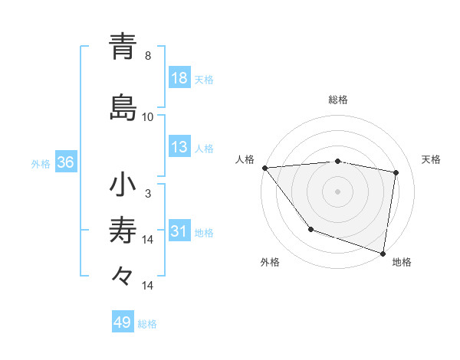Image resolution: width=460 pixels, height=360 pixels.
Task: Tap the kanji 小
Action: [x=123, y=185]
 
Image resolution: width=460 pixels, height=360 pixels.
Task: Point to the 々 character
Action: [x=123, y=275]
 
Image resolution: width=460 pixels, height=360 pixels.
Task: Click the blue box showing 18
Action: [x=179, y=79]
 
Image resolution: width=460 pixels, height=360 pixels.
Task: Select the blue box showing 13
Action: [x=179, y=148]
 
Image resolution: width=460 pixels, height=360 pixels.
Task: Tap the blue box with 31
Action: [x=179, y=232]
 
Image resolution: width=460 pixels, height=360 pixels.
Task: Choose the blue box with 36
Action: [x=65, y=163]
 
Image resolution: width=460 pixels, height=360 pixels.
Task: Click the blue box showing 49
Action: [x=123, y=322]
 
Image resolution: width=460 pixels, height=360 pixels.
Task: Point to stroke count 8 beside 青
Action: [x=148, y=56]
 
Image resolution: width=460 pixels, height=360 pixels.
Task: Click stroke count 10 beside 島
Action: [x=148, y=117]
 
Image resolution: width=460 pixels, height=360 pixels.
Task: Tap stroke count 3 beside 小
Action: [x=148, y=194]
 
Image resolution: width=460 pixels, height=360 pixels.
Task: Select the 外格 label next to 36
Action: [x=41, y=164]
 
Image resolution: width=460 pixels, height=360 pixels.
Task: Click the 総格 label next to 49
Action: [x=147, y=323]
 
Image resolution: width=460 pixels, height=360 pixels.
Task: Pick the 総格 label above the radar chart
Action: [x=338, y=100]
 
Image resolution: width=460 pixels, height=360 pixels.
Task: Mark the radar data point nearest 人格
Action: [x=264, y=168]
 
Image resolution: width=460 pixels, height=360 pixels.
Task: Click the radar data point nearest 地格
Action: [x=383, y=252]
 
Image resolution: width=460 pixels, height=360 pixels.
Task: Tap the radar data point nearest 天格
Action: [x=396, y=172]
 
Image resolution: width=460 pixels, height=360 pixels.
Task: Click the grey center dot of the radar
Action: [x=338, y=191]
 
